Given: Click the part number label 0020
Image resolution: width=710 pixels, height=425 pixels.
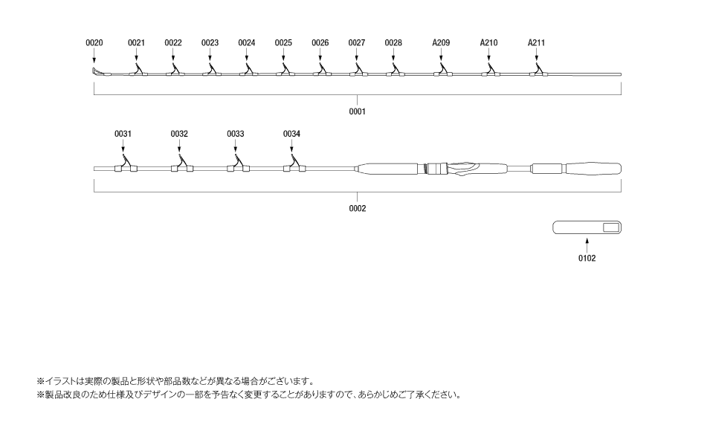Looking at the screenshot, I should [94, 43].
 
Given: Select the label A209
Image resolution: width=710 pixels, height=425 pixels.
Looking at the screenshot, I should [441, 43].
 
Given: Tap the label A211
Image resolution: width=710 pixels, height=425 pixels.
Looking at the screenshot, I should [536, 43].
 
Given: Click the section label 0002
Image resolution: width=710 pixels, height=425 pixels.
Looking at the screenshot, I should [358, 209].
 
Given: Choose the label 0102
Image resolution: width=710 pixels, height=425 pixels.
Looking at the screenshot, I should [587, 259].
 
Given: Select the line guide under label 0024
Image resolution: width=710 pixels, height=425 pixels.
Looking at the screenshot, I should [248, 72].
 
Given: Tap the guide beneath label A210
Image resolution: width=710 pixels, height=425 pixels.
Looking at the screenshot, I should [489, 72].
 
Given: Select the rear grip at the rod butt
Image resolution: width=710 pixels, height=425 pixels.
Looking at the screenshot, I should [592, 168].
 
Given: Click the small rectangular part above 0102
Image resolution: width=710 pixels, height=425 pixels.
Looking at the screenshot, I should [587, 227].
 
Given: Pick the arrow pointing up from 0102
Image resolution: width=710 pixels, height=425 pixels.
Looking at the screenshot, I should [587, 243].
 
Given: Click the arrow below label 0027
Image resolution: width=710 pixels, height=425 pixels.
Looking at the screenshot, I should [357, 58].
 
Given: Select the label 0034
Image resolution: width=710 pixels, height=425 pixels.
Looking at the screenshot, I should [291, 134].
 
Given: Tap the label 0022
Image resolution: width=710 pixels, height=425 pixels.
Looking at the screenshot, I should [173, 43].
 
